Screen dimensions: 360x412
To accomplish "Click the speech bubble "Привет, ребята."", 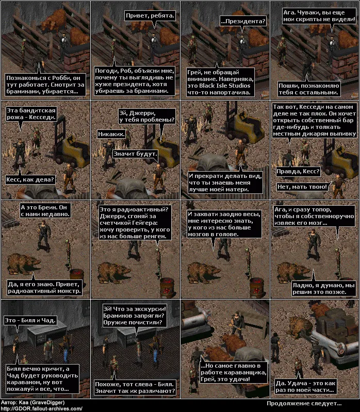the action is click(150, 15).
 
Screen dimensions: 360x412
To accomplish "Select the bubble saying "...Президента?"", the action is click(243, 21).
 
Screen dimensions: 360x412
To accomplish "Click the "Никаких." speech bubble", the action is click(111, 134).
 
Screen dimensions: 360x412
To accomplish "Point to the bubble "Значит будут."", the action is click(135, 154).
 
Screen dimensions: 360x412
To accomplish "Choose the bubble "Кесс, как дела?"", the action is click(30, 180).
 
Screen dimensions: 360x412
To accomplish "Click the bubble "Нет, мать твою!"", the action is click(302, 187).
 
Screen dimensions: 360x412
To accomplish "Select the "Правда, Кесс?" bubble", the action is click(298, 172).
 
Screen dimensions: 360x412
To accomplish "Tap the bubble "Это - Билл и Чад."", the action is click(30, 320).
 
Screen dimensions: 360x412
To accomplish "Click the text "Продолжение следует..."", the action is click(304, 403).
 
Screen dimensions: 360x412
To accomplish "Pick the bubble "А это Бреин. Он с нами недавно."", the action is click(45, 211).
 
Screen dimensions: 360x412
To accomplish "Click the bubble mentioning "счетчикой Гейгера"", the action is click(135, 223).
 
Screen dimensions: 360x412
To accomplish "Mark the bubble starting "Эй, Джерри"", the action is click(146, 117).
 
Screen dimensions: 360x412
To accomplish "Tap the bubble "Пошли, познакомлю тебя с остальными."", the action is click(309, 89).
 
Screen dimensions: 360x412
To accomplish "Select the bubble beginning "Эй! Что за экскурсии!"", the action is click(135, 316).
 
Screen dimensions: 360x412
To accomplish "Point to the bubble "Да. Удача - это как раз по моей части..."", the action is click(306, 387).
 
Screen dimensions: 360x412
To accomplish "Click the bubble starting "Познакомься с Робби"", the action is click(45, 85).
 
